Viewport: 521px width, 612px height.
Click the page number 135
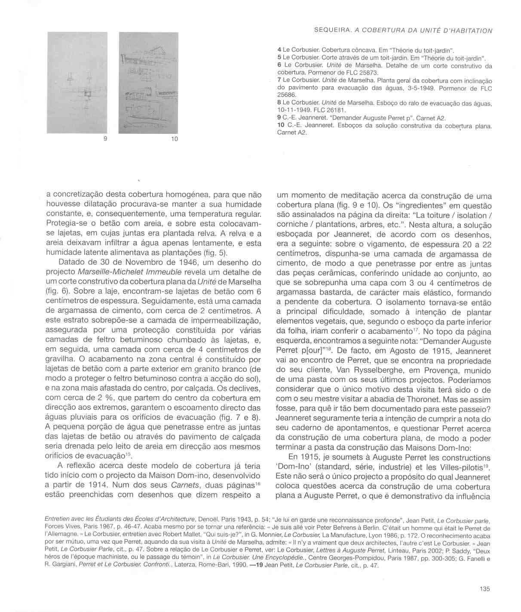click(484, 589)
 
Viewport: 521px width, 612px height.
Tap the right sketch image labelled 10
click(148, 83)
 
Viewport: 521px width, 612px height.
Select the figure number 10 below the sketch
click(174, 139)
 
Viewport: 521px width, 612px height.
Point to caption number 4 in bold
click(279, 50)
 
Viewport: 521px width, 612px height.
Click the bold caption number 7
click(279, 80)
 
